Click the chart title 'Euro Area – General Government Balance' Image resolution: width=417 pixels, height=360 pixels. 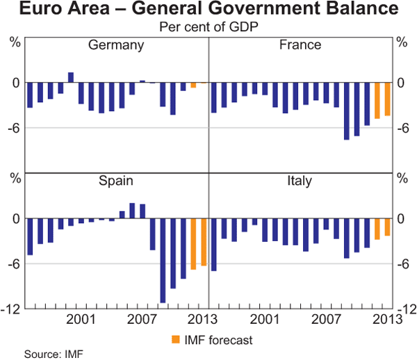[208, 10]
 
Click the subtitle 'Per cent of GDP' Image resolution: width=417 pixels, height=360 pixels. [208, 26]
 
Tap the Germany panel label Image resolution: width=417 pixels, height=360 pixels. [116, 45]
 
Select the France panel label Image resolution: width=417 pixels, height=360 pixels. [300, 45]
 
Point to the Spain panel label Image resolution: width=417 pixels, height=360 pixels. [116, 181]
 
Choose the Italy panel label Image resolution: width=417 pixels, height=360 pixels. [300, 181]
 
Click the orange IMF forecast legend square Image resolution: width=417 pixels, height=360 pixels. [174, 340]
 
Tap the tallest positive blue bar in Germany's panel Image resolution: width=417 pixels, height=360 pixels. [71, 77]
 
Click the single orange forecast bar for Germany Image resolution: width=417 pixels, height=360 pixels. [193, 85]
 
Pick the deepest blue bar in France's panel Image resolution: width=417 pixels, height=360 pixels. [346, 111]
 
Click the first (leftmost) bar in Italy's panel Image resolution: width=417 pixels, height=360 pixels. [214, 245]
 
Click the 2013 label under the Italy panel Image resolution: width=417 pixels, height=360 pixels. [386, 320]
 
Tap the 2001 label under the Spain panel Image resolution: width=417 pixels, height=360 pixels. [81, 320]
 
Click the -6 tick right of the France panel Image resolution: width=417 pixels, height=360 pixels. [402, 128]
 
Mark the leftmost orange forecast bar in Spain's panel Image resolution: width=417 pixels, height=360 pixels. [193, 244]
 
